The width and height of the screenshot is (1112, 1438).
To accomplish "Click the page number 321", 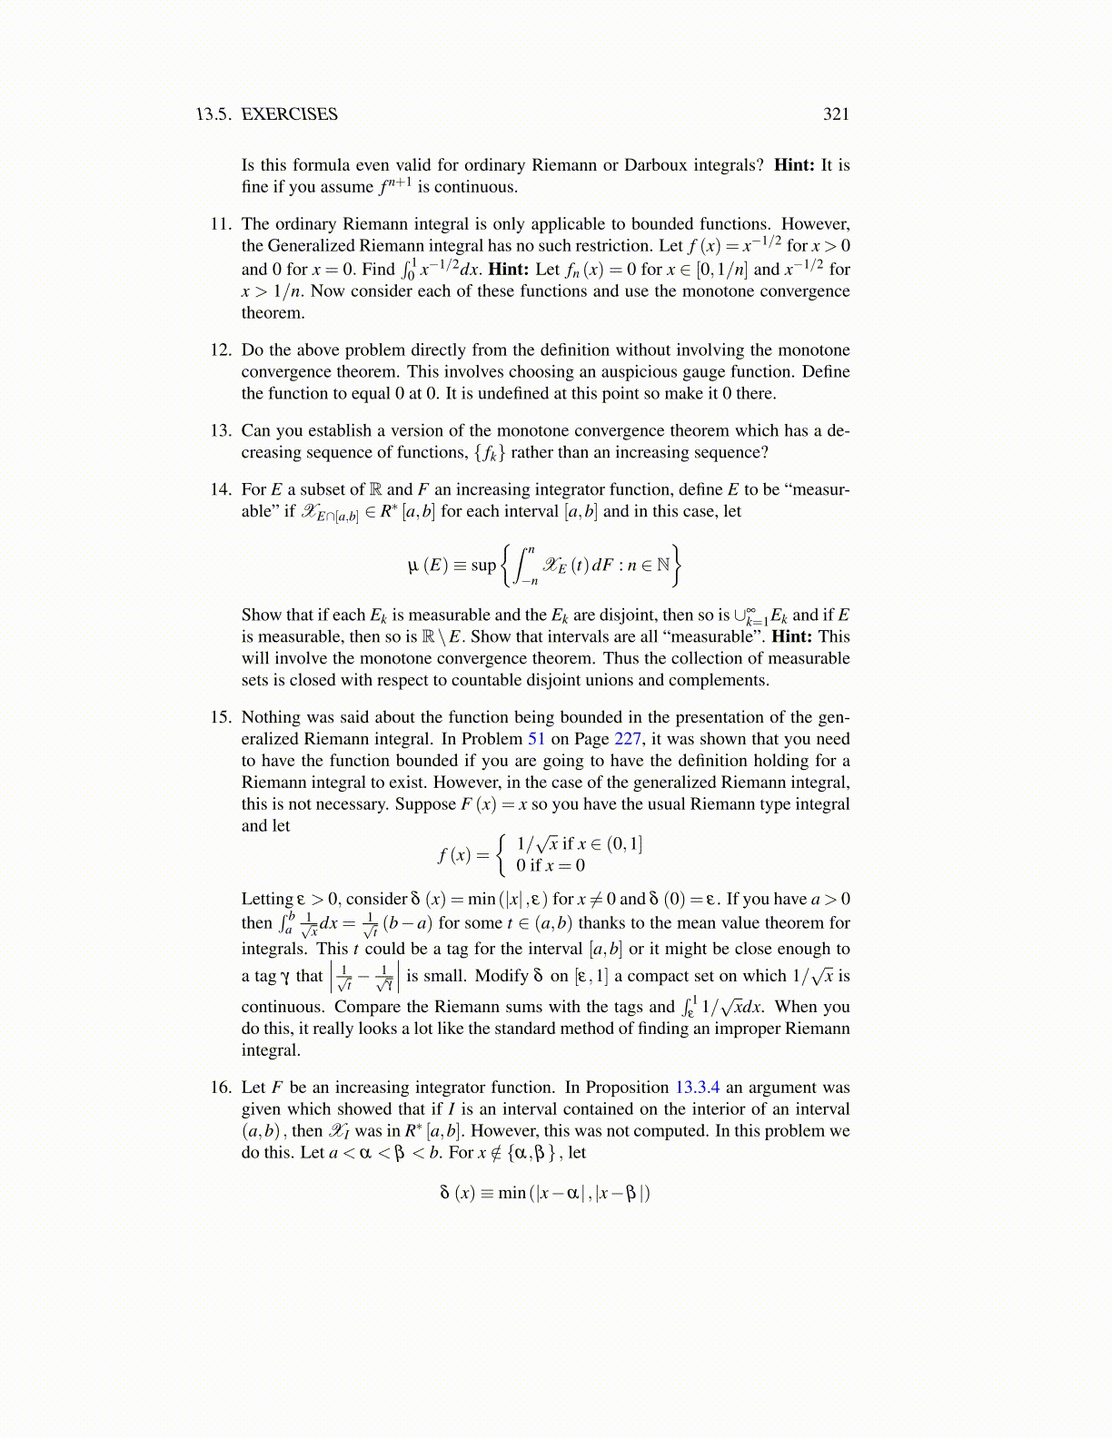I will pos(836,113).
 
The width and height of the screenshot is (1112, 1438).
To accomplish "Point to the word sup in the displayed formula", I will pos(483,565).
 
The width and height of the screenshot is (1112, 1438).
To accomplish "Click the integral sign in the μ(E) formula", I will pos(522,565).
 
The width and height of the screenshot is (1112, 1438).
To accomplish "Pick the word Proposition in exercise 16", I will pos(627,1088).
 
